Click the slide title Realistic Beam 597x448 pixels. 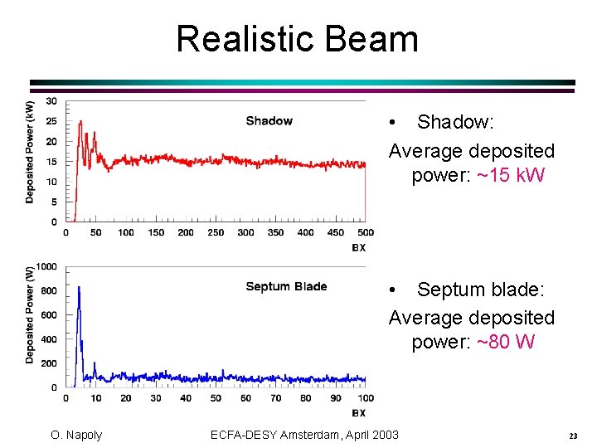click(297, 39)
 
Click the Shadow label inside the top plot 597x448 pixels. click(269, 121)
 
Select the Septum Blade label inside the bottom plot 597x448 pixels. click(286, 287)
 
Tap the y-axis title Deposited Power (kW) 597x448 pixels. click(30, 153)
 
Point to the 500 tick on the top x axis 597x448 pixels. click(365, 232)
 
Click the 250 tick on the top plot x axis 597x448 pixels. click(216, 232)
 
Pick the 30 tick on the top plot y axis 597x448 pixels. click(51, 101)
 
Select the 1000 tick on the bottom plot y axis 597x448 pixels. click(46, 267)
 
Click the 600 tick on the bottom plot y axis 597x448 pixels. click(49, 315)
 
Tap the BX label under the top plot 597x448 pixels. click(358, 247)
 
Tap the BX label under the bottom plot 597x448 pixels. click(358, 412)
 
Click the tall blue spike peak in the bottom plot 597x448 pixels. click(79, 288)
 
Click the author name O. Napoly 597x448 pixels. click(75, 436)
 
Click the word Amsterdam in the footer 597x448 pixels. click(314, 435)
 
